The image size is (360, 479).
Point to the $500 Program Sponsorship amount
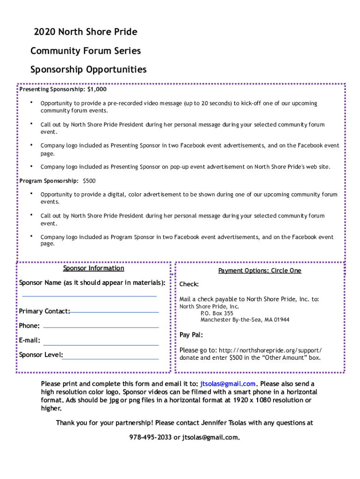click(89, 181)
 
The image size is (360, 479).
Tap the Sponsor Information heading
click(94, 269)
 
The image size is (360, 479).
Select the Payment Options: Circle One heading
click(259, 271)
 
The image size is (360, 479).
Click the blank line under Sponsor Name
click(89, 296)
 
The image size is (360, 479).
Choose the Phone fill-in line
click(101, 327)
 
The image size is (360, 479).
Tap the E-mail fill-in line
click(101, 344)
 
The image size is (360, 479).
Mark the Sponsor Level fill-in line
click(110, 358)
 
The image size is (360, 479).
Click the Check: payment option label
click(189, 284)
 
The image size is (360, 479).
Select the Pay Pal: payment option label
click(191, 335)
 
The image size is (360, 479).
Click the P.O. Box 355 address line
click(217, 313)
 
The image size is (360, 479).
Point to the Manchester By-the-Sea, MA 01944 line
click(245, 320)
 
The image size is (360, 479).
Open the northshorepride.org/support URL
click(270, 350)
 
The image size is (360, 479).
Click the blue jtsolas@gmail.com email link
click(228, 384)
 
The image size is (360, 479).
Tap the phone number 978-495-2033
click(151, 438)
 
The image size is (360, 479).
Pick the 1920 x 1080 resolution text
click(253, 400)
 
